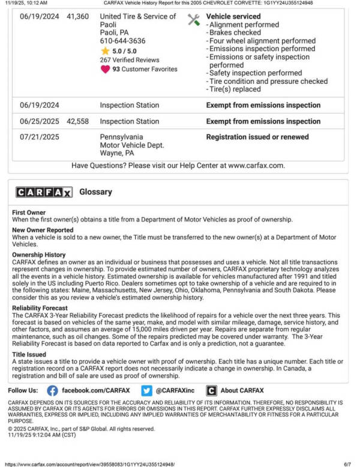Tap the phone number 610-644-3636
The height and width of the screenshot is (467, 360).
(122, 41)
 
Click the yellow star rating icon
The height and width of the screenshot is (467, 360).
(105, 51)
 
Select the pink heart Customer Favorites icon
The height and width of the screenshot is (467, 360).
(105, 69)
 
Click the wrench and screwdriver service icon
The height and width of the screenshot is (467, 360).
(193, 19)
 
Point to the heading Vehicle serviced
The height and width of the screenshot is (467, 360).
(233, 17)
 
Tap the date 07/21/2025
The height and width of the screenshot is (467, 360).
(40, 137)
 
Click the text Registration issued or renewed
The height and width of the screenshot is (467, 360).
(257, 137)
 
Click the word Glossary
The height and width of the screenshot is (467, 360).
(95, 192)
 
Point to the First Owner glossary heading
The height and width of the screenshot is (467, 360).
(29, 213)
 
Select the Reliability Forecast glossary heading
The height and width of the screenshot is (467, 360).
(40, 308)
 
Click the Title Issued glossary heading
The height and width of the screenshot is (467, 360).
(29, 354)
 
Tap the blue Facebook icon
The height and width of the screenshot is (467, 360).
(52, 390)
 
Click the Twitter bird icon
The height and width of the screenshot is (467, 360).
(147, 390)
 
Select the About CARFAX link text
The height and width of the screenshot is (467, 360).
(242, 390)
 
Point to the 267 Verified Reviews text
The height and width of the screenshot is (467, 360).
(130, 60)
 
